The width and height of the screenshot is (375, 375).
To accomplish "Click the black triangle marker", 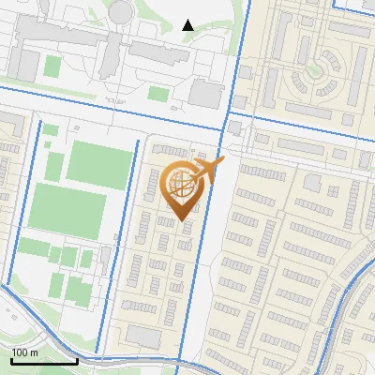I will pyautogui.click(x=187, y=25).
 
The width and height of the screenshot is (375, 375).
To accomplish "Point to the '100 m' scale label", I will pyautogui.click(x=24, y=352).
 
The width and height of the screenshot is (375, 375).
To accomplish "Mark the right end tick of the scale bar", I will pyautogui.click(x=77, y=360).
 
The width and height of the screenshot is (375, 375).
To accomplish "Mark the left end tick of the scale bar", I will pyautogui.click(x=11, y=360).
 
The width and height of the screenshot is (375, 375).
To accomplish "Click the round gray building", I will pyautogui.click(x=121, y=11).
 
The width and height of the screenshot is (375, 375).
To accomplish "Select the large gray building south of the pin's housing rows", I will pyautogui.click(x=142, y=336).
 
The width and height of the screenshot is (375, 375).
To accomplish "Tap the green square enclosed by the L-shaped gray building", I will pyautogui.click(x=54, y=66).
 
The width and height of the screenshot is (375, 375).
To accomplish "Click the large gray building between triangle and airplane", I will pyautogui.click(x=204, y=93).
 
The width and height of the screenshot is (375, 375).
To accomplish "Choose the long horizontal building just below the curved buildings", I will pyautogui.click(x=313, y=111).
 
